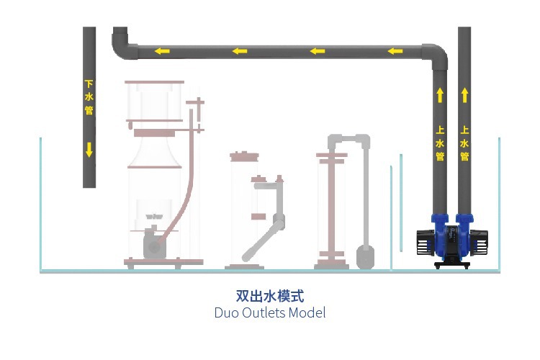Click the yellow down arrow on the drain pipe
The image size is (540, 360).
point(89,150)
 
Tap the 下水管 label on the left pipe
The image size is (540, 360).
point(89,97)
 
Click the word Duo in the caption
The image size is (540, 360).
point(227,312)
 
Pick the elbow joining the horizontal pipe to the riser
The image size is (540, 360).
point(436,55)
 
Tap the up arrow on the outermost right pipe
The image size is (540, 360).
point(464,94)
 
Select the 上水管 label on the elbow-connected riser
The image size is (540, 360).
point(440,143)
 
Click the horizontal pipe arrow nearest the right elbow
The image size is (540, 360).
point(395,51)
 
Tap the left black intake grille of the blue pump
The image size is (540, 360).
point(423,241)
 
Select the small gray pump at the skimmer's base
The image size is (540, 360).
point(153,244)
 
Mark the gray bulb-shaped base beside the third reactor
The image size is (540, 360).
point(366,256)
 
